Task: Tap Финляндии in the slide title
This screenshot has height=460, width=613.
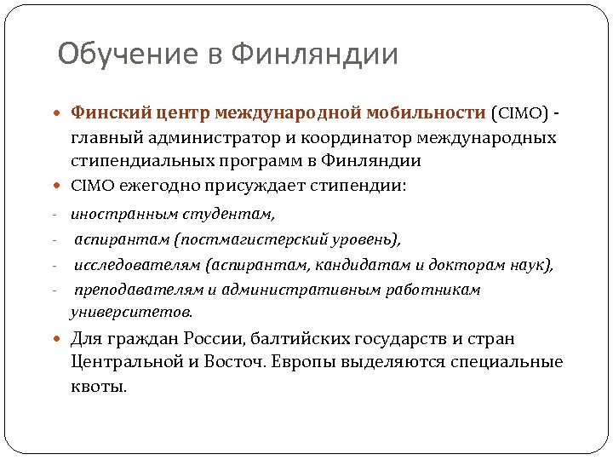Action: point(314,55)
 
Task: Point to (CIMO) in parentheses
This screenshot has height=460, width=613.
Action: point(516,112)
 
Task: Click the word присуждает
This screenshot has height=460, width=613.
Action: point(255,185)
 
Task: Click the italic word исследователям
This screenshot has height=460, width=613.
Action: point(137,265)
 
